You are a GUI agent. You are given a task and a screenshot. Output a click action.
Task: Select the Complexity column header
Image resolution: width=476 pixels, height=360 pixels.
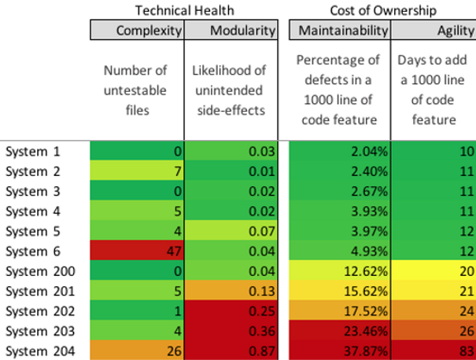tap(137, 31)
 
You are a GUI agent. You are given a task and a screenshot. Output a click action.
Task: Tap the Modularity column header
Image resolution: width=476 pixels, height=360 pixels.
tap(231, 31)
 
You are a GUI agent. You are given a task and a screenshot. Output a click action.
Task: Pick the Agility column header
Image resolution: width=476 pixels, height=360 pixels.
tap(433, 31)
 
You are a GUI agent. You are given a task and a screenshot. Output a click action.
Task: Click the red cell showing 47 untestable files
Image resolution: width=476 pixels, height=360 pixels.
tap(137, 252)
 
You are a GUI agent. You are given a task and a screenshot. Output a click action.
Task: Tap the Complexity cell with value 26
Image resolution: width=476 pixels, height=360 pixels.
tap(137, 351)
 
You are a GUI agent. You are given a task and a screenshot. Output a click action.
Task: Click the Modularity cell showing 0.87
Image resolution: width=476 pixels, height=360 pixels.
tap(231, 351)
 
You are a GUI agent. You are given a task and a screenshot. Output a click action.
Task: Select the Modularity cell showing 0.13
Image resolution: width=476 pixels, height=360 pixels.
tap(231, 292)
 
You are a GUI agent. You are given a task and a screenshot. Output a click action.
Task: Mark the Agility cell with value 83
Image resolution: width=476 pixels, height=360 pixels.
tap(433, 351)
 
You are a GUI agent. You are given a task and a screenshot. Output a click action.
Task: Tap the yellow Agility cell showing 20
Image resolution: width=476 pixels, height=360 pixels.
tap(433, 271)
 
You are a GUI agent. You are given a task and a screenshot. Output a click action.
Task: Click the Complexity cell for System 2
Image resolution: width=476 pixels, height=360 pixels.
tap(137, 171)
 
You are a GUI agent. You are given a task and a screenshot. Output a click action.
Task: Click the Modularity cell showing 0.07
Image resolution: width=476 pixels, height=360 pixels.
tap(231, 231)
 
